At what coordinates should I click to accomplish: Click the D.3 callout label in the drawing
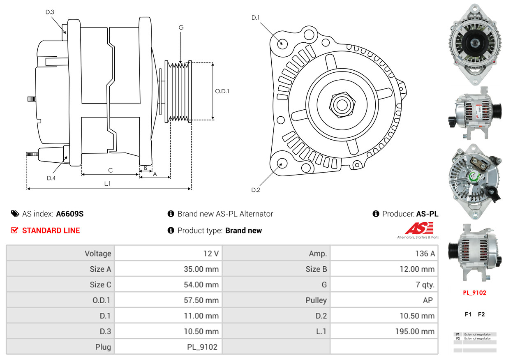[50, 12]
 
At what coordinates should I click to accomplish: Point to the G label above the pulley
[181, 28]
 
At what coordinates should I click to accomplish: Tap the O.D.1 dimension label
[222, 91]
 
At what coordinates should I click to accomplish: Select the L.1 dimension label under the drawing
[107, 184]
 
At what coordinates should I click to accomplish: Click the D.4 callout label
[51, 178]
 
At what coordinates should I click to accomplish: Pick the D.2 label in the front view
[256, 190]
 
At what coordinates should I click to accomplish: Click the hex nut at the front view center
[341, 104]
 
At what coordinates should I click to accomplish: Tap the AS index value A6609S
[70, 214]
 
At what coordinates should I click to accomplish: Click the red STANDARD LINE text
[51, 231]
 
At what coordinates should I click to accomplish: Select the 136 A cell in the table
[425, 254]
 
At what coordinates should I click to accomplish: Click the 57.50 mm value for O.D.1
[201, 300]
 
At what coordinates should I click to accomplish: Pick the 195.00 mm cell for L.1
[415, 331]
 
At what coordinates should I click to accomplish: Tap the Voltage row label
[98, 254]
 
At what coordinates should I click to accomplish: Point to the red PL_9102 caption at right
[474, 293]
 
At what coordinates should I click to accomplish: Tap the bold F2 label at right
[481, 314]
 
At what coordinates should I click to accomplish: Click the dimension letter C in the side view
[110, 170]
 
